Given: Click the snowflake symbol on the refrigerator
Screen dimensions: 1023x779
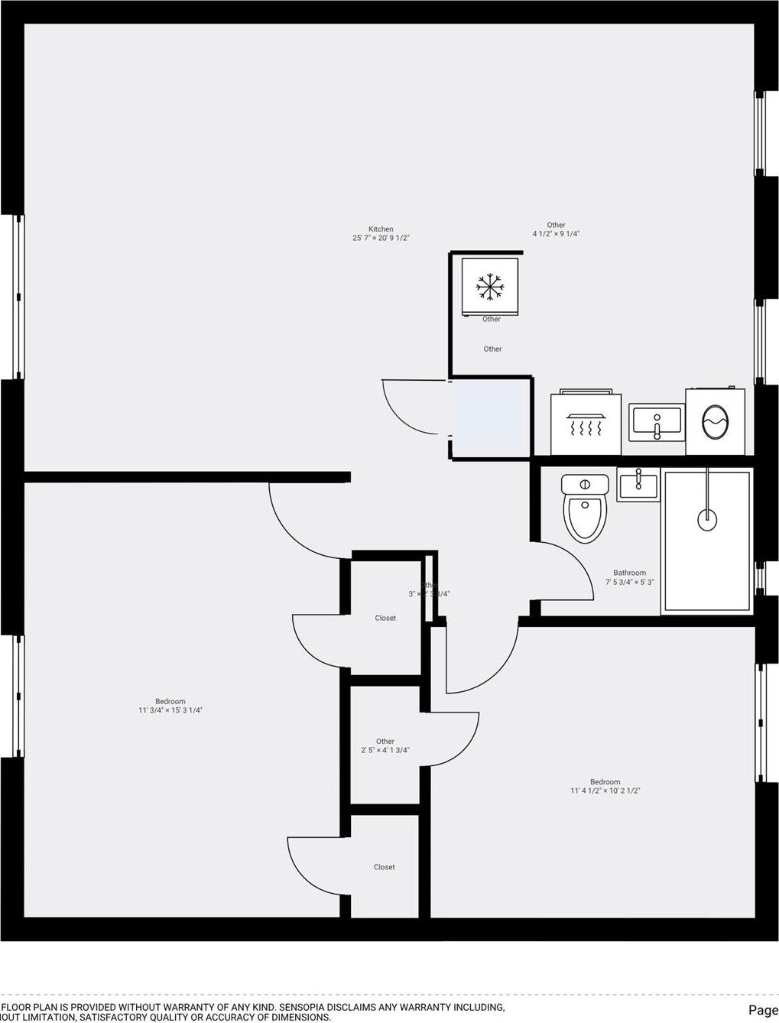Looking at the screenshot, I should tap(490, 286).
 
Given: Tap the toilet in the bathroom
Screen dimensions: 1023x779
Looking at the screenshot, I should tap(585, 508).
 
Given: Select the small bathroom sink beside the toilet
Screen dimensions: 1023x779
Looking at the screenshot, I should tap(638, 484).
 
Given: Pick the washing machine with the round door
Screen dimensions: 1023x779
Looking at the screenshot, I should tap(716, 421).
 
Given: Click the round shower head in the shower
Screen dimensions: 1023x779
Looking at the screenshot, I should tap(707, 519).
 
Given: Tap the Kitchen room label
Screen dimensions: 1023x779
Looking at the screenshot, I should tap(381, 229).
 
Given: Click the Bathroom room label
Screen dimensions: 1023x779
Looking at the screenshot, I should tap(629, 573).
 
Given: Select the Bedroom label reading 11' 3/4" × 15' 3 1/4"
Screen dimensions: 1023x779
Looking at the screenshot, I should tap(170, 710).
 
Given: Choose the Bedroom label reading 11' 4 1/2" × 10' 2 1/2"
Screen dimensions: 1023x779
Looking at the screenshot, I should tap(605, 791).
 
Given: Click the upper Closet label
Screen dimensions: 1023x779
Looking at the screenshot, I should tap(385, 618).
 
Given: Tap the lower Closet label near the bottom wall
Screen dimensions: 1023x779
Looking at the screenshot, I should tap(385, 867).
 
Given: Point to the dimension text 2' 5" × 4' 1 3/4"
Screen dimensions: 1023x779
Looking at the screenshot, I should tap(385, 750).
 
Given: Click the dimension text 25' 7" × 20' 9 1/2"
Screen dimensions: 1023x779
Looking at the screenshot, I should tap(381, 238).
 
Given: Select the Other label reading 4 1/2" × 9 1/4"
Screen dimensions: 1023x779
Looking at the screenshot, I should tap(556, 234).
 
